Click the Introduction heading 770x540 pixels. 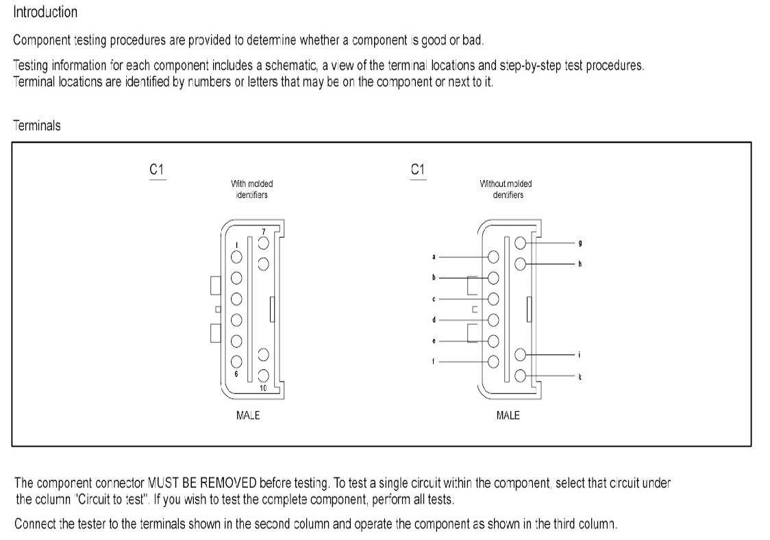click(45, 12)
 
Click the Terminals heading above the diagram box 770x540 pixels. click(37, 125)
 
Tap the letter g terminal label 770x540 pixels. click(580, 243)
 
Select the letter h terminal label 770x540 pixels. click(580, 264)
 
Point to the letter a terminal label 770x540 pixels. click(434, 257)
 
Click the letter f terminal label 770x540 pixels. click(434, 361)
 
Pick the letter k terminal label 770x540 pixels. click(580, 376)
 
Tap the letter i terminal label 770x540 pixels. click(580, 355)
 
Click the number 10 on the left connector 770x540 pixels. click(263, 388)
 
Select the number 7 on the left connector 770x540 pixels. click(263, 231)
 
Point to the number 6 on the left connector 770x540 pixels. click(235, 374)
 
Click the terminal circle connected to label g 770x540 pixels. click(521, 243)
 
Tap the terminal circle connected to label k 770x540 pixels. click(521, 376)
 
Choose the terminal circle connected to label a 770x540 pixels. click(493, 257)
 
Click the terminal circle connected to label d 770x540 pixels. click(493, 319)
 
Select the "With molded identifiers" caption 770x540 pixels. click(251, 189)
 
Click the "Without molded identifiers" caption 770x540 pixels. click(507, 189)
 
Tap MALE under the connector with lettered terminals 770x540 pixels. click(508, 415)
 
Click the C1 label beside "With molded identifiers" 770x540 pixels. click(157, 169)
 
